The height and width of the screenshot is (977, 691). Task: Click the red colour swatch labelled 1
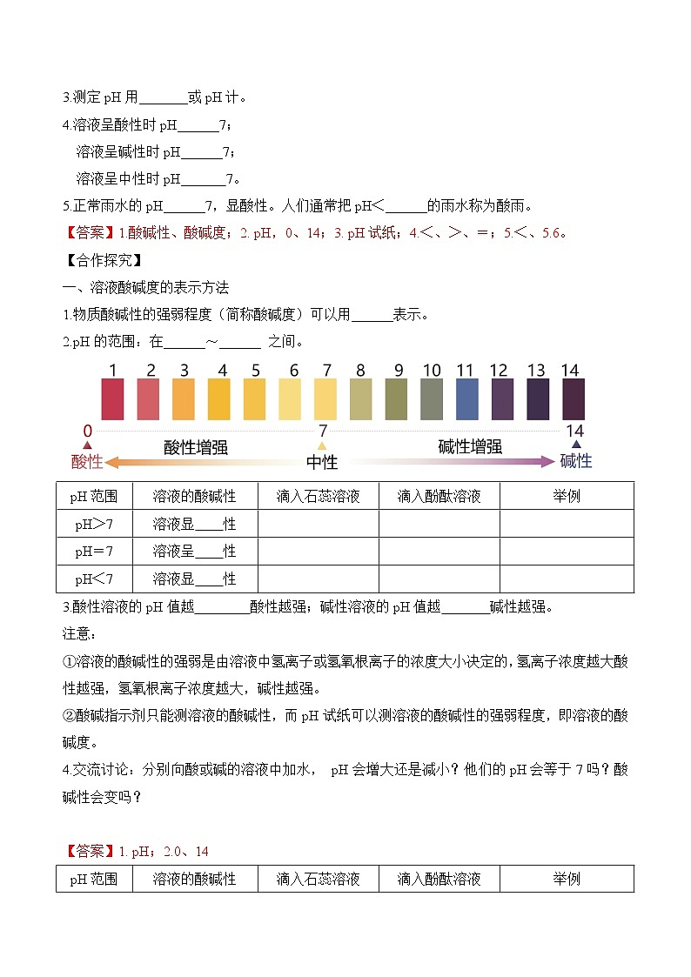[113, 400]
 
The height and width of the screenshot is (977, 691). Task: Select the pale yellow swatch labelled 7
[325, 400]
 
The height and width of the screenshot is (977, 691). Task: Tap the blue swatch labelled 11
[466, 400]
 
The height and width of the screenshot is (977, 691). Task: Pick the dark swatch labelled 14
[573, 400]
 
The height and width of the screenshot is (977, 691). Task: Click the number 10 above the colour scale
[432, 371]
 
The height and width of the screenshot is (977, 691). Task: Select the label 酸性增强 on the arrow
[196, 448]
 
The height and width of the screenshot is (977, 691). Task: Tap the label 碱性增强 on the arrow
[470, 447]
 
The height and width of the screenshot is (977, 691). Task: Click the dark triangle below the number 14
[575, 445]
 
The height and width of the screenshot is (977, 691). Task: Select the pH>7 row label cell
[94, 525]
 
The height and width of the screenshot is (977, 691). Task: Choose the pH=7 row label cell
[94, 552]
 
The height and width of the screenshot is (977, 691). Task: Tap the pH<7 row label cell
[94, 579]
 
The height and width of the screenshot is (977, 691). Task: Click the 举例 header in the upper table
[567, 497]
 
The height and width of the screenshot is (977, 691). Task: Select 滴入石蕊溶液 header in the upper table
[318, 497]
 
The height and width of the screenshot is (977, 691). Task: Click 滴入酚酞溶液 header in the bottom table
[439, 879]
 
